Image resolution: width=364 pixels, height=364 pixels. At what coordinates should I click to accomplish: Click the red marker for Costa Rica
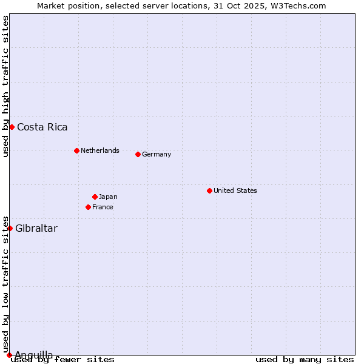[12, 127]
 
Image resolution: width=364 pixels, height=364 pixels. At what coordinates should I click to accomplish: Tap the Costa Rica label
[42, 127]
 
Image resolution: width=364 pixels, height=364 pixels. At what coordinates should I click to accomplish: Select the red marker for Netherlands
[76, 150]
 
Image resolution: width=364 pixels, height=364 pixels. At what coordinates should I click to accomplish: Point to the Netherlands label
[99, 150]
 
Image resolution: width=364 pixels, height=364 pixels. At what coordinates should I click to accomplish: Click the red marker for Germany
[138, 154]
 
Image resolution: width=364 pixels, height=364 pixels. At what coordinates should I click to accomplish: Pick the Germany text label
[157, 154]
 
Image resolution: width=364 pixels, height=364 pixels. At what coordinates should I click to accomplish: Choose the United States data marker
[209, 190]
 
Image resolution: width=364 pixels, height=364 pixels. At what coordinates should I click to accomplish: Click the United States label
[235, 190]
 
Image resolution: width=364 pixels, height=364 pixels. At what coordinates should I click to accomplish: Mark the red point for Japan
[95, 197]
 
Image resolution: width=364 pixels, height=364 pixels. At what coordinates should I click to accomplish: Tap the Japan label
[108, 197]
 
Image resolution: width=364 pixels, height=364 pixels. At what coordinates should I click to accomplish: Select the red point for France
[88, 207]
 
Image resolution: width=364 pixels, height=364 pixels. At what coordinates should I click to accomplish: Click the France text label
[103, 207]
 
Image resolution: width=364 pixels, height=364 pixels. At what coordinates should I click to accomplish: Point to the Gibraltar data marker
[10, 228]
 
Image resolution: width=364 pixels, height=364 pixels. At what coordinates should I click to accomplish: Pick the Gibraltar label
[36, 229]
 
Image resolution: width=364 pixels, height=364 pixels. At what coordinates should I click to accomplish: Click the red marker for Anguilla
[9, 355]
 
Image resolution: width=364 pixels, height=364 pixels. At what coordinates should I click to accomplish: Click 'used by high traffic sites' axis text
[6, 86]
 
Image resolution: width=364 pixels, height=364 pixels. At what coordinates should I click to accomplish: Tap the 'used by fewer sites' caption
[62, 359]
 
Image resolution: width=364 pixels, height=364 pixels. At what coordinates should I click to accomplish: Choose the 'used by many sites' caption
[305, 359]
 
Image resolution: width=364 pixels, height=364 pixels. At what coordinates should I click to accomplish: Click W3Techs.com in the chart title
[297, 5]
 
